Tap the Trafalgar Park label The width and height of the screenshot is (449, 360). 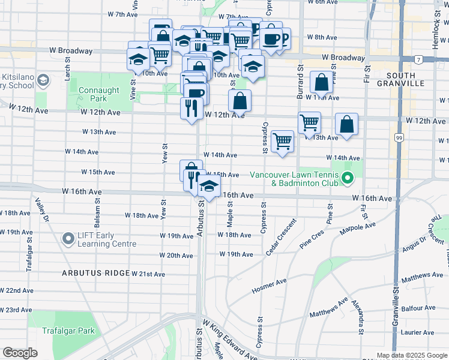(69, 331)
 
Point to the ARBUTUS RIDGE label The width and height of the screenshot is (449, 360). (95, 273)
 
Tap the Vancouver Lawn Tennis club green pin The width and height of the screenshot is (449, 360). (346, 178)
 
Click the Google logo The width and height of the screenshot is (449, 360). (20, 353)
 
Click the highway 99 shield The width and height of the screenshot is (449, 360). (399, 138)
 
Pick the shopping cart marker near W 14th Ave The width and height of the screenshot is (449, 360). (282, 142)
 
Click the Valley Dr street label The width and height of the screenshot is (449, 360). (42, 210)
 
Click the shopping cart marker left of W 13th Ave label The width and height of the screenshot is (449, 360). (309, 123)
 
